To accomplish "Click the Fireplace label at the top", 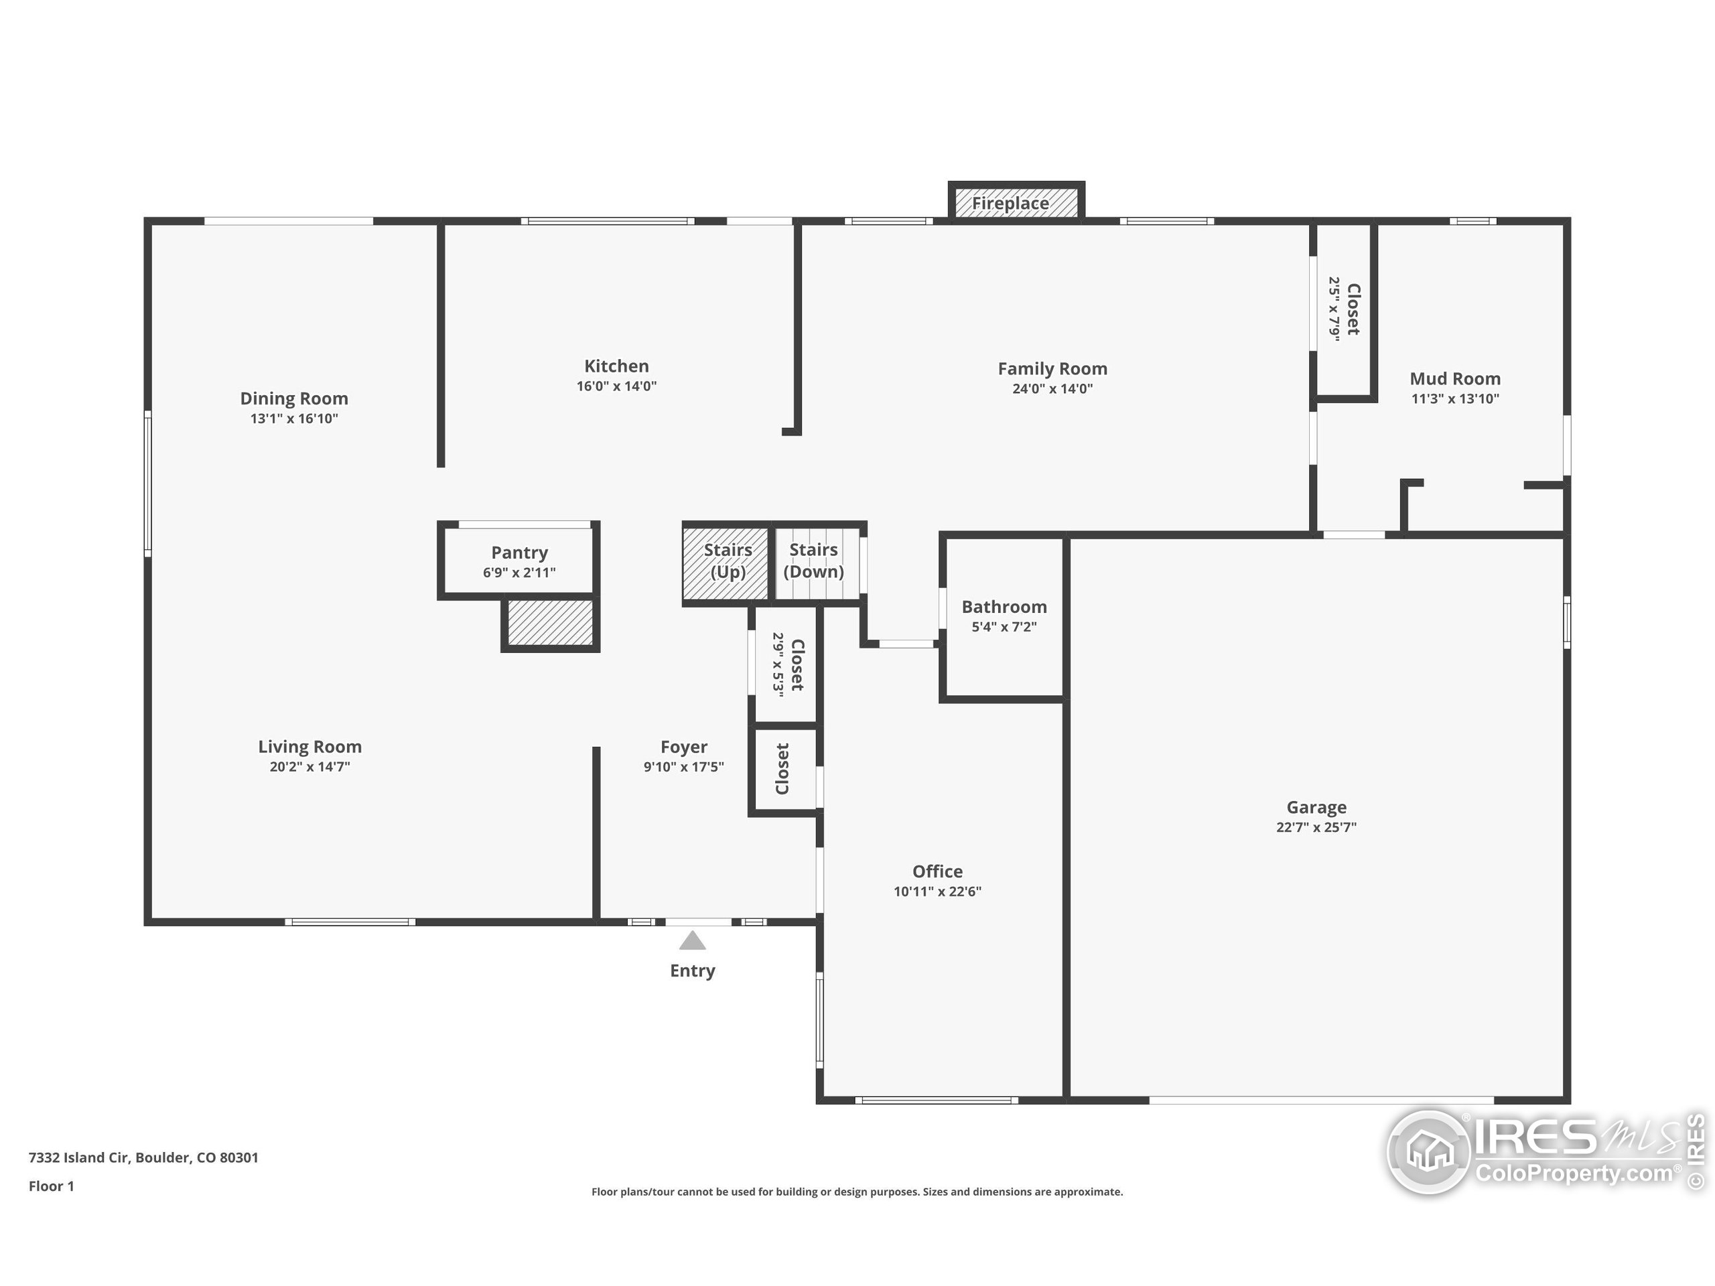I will [1010, 203].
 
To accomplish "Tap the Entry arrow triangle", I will [692, 941].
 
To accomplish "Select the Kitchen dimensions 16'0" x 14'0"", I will [616, 386].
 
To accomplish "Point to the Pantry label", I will [519, 553].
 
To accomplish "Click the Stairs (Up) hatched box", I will [726, 563].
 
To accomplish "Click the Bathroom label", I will [1004, 607].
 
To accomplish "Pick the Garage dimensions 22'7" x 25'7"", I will [1316, 827].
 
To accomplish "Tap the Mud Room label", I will [1454, 379].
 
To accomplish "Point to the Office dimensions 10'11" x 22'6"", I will [937, 891].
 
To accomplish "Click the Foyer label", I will [684, 747].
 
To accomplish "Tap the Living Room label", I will [310, 747].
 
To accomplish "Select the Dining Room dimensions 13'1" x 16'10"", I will [294, 419].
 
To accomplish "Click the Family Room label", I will [1052, 369].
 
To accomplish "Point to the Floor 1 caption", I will [51, 1186].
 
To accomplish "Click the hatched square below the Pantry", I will [551, 622].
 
